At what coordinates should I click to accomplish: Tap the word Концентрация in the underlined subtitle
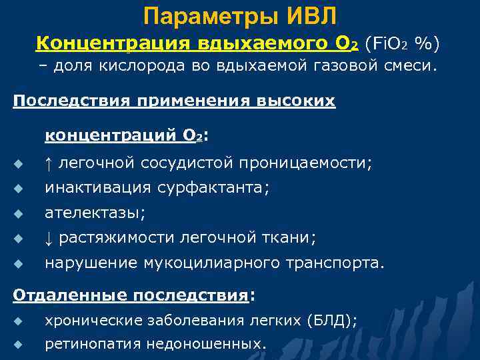(x=113, y=43)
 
